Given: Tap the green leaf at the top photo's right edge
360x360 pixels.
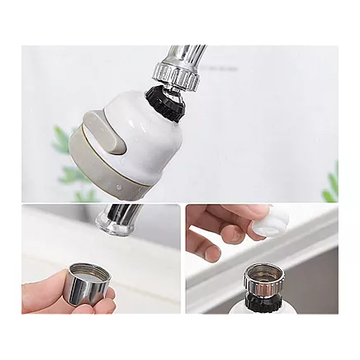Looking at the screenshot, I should coord(331,186).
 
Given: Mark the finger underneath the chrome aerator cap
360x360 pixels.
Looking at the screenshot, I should coord(95,307).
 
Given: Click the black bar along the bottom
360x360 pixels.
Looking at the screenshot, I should coord(180,339).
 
